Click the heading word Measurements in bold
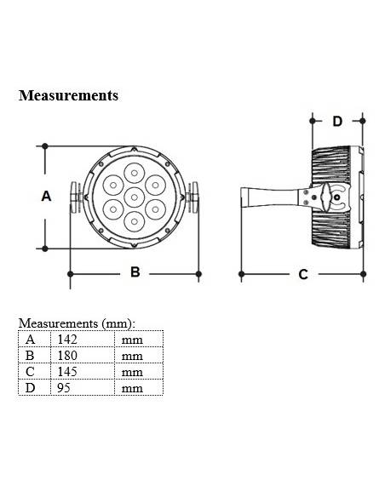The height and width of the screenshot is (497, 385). (68, 95)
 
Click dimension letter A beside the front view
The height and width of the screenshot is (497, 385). (47, 196)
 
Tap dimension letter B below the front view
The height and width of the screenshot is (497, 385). (135, 272)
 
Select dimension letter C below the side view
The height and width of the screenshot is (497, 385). (303, 274)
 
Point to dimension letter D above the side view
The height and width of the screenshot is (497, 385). (337, 122)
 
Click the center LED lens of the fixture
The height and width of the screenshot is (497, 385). (134, 197)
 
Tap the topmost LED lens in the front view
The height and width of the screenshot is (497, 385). (134, 173)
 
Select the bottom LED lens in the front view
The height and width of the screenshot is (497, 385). (134, 220)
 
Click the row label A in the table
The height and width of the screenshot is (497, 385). (31, 340)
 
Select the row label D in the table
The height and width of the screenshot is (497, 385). (31, 388)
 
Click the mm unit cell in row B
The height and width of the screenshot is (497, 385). (132, 356)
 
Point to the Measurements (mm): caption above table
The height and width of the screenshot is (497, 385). (77, 324)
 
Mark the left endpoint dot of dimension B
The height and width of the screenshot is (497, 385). (69, 274)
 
